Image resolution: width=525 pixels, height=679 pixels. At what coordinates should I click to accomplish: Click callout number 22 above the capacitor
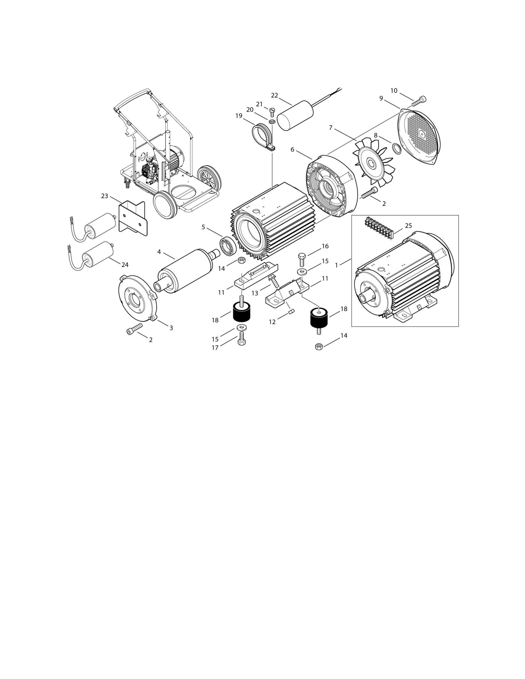point(274,95)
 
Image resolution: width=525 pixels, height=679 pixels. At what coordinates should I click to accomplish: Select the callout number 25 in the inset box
point(408,226)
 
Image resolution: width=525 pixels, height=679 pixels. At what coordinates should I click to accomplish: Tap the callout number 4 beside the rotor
point(159,252)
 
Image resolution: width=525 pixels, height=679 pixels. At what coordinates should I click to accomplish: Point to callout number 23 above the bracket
point(105,196)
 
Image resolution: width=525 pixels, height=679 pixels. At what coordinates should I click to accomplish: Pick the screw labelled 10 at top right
point(419,101)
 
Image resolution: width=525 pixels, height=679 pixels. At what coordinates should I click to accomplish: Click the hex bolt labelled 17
point(241,338)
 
